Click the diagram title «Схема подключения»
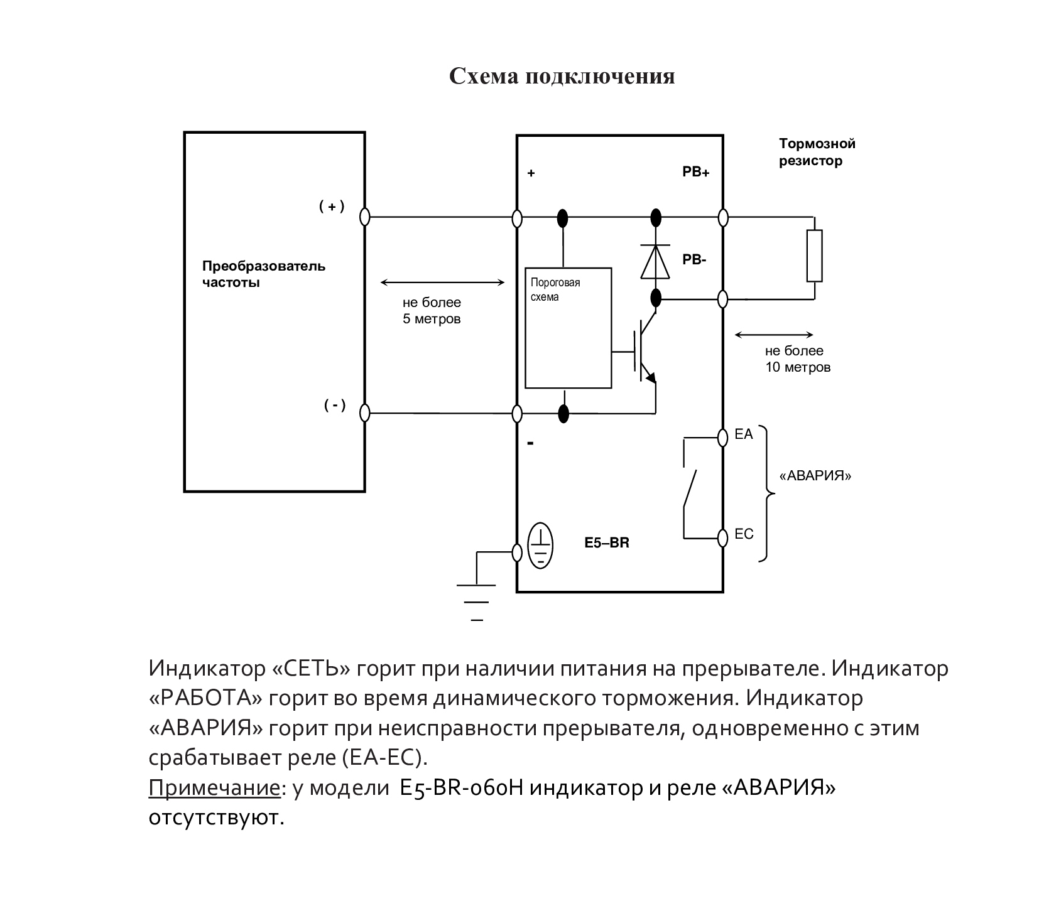[562, 77]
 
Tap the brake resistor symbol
[814, 256]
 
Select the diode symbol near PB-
[655, 262]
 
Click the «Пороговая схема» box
[568, 328]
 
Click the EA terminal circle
[723, 436]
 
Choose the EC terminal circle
[723, 537]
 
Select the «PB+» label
[696, 173]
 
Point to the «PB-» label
[695, 259]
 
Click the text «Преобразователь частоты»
[264, 274]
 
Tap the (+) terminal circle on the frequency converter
[364, 217]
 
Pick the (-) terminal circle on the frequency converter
[364, 413]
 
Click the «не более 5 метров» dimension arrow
[443, 283]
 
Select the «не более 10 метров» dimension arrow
[774, 335]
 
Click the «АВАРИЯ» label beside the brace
[815, 475]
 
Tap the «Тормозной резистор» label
[817, 153]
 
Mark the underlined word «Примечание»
[214, 789]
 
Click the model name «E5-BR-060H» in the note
[462, 788]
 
